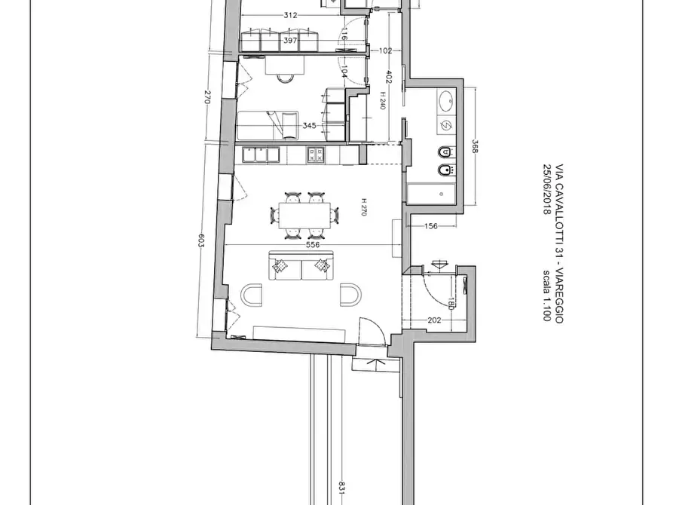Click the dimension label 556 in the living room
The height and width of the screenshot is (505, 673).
(x=313, y=244)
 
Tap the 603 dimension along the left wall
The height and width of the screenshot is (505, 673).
(x=201, y=241)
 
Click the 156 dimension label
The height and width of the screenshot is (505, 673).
(x=431, y=226)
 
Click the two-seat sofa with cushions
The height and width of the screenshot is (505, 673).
(x=301, y=267)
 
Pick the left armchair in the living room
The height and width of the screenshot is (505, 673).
(x=251, y=294)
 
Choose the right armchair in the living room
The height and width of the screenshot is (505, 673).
(x=350, y=294)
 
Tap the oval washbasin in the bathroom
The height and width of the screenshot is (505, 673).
(x=445, y=99)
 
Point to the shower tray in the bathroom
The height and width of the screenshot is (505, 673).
(x=431, y=193)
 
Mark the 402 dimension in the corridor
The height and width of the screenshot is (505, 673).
(x=390, y=77)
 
